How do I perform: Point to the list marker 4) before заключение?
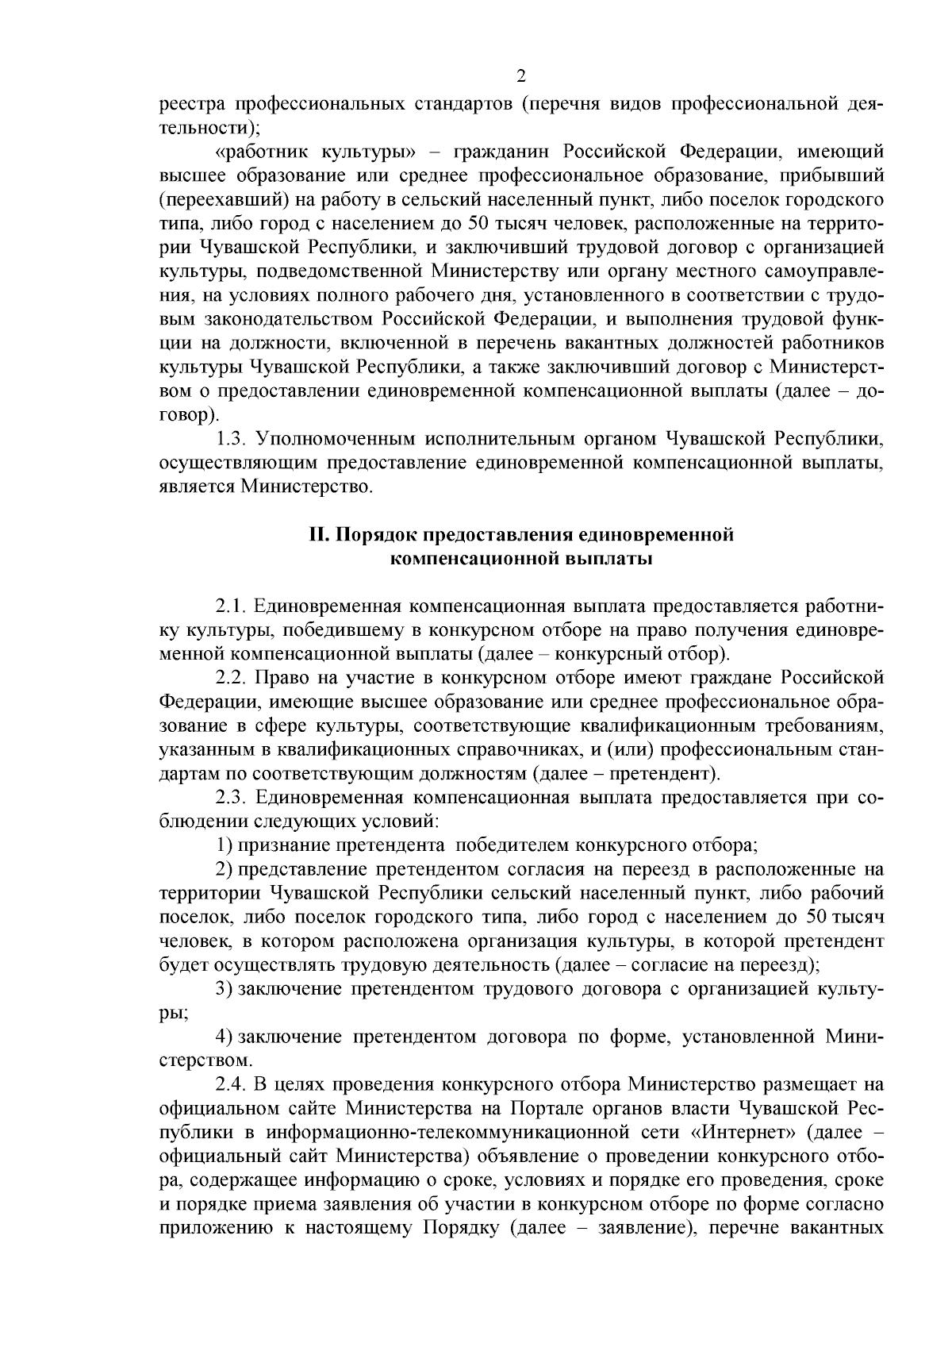(x=225, y=1037)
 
